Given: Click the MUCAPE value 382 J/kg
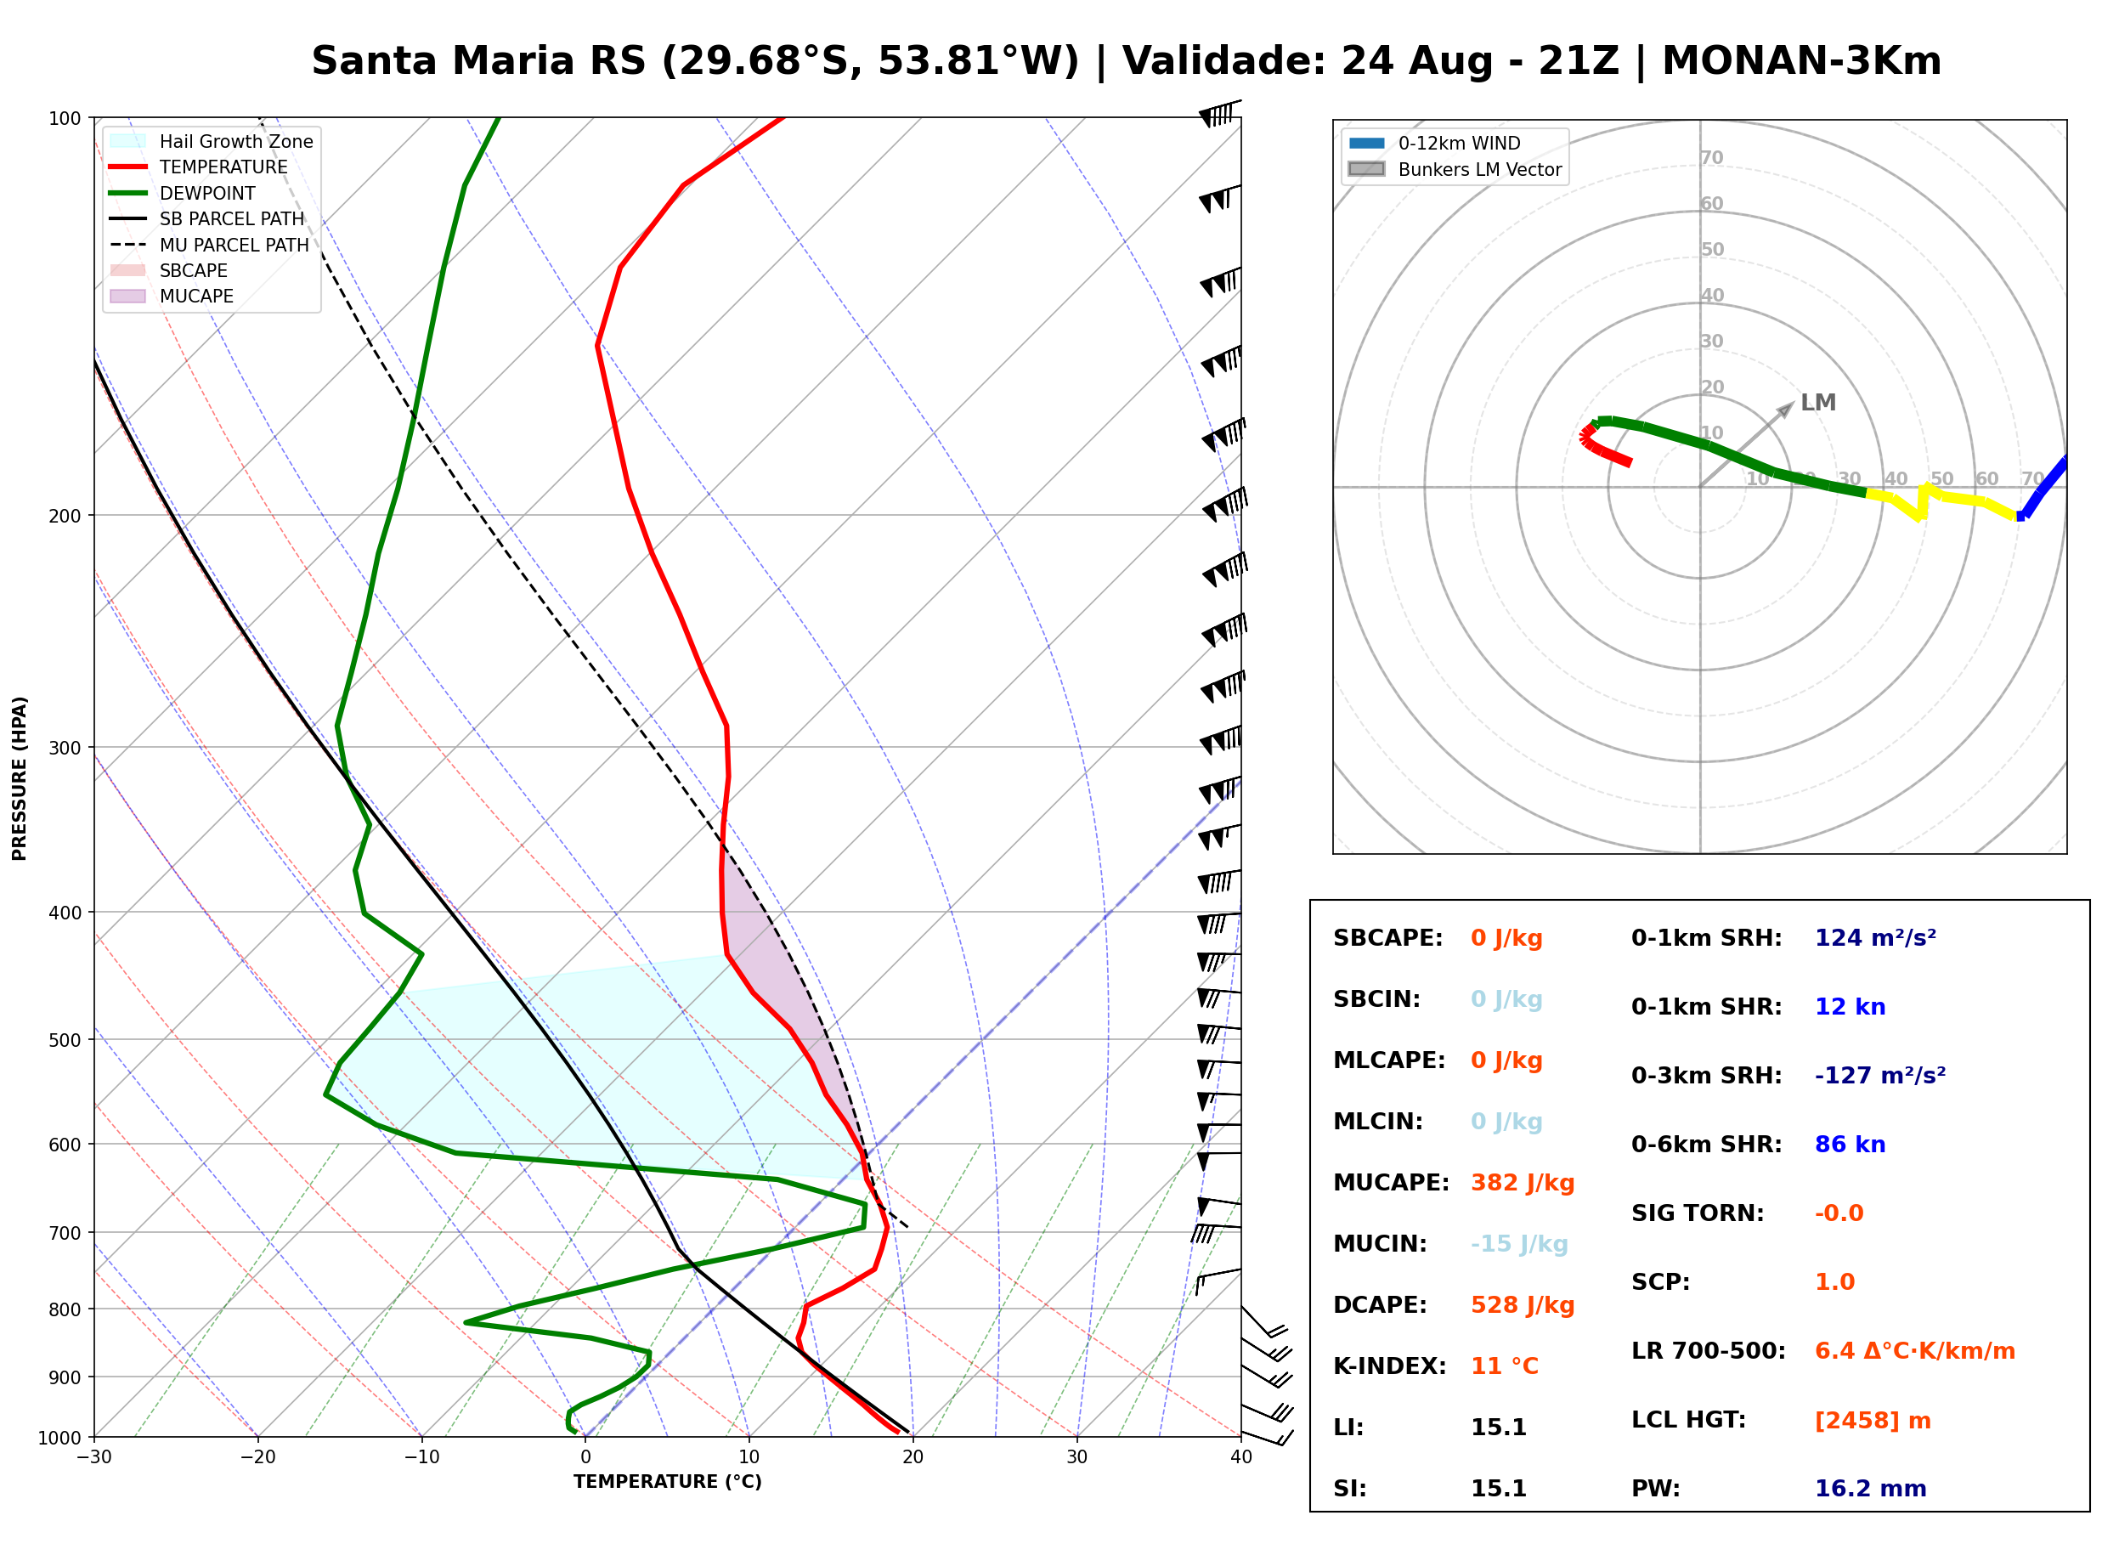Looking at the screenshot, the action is (1523, 1183).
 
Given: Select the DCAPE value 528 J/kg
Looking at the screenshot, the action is (1523, 1305).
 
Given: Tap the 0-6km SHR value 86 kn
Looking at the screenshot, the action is (1850, 1145).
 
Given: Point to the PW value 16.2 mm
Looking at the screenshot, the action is (1871, 1489).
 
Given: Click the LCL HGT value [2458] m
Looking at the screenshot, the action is (1873, 1421).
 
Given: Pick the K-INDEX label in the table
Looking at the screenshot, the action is (1390, 1366).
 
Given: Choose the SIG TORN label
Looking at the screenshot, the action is (1698, 1213).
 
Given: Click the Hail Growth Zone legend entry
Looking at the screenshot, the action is (212, 141).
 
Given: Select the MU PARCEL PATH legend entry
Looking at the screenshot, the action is (210, 245).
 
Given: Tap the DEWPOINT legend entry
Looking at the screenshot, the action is (183, 193).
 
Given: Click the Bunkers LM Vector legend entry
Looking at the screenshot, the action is (1455, 169).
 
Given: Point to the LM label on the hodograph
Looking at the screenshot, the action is (1818, 403).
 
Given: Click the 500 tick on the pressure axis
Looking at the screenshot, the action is (65, 1040).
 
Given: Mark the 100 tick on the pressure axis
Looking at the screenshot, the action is (65, 117).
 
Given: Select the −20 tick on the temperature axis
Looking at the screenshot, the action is (257, 1457).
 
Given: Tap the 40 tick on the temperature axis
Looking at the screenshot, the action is (1241, 1457).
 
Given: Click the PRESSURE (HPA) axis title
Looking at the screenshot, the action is (20, 778).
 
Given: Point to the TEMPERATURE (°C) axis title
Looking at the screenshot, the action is (668, 1482).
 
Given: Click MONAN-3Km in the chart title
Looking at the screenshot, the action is (1802, 61).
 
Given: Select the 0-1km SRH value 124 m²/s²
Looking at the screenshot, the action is (1875, 938).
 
